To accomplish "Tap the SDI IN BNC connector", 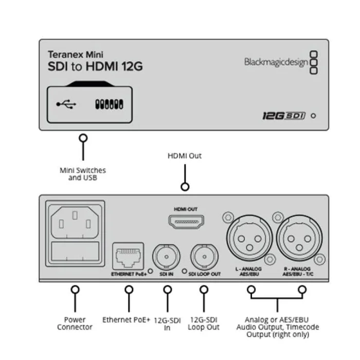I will pyautogui.click(x=166, y=255).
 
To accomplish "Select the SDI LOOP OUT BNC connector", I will pyautogui.click(x=204, y=255).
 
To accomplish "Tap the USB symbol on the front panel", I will pyautogui.click(x=66, y=104).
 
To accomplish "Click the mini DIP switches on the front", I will pyautogui.click(x=109, y=104).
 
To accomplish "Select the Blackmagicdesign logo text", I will pyautogui.click(x=276, y=62).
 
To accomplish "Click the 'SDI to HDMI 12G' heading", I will pyautogui.click(x=95, y=67).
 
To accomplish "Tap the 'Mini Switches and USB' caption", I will pyautogui.click(x=83, y=174).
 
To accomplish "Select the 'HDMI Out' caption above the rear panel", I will pyautogui.click(x=185, y=155).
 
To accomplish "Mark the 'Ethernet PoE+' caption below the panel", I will pyautogui.click(x=126, y=319).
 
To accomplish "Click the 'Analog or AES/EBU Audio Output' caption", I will pyautogui.click(x=278, y=327).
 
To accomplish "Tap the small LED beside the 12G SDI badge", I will pyautogui.click(x=313, y=116).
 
